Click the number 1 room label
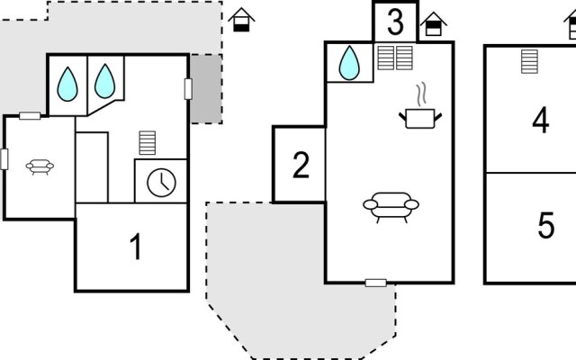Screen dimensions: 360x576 click(x=136, y=247)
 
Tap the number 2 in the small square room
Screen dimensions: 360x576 click(x=301, y=165)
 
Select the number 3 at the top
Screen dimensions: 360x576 click(x=395, y=20)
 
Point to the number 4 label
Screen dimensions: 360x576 click(x=540, y=121)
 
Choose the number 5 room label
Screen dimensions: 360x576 click(x=545, y=226)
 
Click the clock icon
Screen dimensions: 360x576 click(x=161, y=181)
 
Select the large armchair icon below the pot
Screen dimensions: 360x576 click(x=391, y=207)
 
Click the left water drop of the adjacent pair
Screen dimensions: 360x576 click(x=67, y=83)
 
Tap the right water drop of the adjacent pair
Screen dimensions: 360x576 click(x=105, y=81)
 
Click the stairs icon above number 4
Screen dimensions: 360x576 click(x=529, y=61)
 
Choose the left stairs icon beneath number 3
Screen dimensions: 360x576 click(x=387, y=58)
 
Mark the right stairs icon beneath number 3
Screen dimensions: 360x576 click(x=404, y=58)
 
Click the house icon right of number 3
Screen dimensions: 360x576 click(x=434, y=24)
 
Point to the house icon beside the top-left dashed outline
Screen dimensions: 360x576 click(x=240, y=19)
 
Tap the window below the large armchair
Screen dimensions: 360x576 click(x=376, y=283)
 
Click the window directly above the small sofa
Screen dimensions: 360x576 click(x=30, y=116)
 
